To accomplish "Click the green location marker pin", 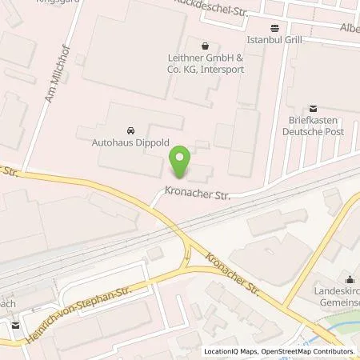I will click(182, 162).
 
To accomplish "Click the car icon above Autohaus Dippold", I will click(130, 130).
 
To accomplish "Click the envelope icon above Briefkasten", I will click(313, 109).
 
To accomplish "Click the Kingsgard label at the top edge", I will click(51, 2).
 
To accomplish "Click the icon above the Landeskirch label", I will click(350, 280).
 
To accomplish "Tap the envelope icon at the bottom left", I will click(16, 324).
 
